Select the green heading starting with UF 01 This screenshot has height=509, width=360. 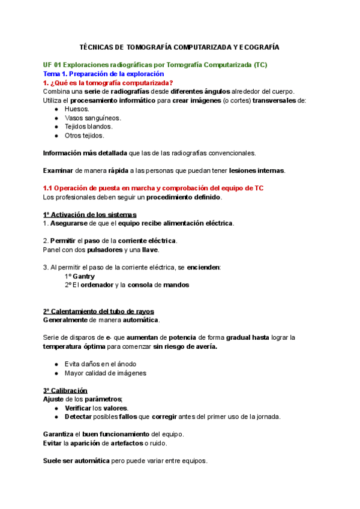pos(155,64)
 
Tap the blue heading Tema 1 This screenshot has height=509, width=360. pos(103,73)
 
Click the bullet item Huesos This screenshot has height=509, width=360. pos(76,109)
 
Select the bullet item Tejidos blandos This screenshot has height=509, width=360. pos(88,126)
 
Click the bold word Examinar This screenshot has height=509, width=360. pos(59,170)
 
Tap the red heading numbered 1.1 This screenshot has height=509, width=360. pos(153,188)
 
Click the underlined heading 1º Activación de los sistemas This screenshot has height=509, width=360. pos(89,214)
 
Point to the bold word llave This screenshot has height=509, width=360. pos(150,250)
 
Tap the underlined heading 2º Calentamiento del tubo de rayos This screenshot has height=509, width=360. pos(98,311)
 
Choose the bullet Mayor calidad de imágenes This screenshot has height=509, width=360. pos(105,373)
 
